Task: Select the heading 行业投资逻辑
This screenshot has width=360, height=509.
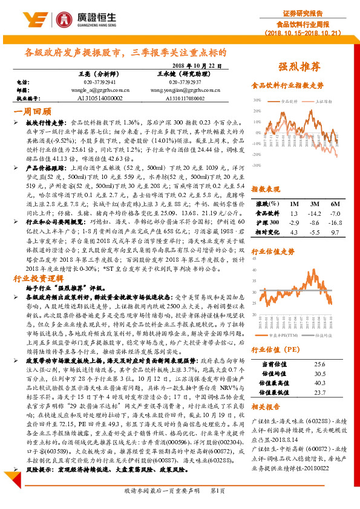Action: coord(38,262)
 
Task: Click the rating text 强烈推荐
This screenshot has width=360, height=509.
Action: coord(299,65)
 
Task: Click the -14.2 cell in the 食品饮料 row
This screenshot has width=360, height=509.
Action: coord(314,213)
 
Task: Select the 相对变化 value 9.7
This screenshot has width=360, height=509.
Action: coord(335,232)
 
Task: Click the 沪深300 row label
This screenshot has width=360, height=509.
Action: coord(269,222)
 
